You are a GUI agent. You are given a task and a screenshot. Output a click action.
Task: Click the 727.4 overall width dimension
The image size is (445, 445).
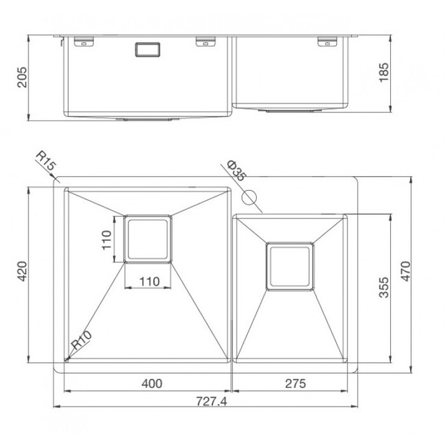coord(212,401)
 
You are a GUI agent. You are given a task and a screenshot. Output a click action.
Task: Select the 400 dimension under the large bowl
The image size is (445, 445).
coord(152,384)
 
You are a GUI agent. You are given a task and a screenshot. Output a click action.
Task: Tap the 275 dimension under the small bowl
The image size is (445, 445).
coord(296,384)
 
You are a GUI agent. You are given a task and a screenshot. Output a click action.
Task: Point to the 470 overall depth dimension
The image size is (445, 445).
coord(406,271)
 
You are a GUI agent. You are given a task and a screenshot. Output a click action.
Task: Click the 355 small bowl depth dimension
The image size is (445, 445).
coord(384,287)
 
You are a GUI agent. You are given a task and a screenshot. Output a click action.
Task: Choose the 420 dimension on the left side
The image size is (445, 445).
coord(22,271)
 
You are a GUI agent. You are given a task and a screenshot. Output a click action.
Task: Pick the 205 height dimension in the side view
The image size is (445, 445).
coord(22,77)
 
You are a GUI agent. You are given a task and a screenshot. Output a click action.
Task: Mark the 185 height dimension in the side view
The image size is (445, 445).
coord(384,72)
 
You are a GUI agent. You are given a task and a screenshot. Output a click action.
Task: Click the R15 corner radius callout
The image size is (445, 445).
coord(46,160)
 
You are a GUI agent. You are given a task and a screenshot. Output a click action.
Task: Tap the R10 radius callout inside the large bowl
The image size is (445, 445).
coord(81,340)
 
